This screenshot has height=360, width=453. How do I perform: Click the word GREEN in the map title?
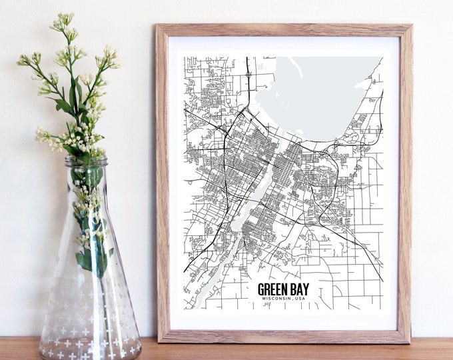click(x=274, y=291)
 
